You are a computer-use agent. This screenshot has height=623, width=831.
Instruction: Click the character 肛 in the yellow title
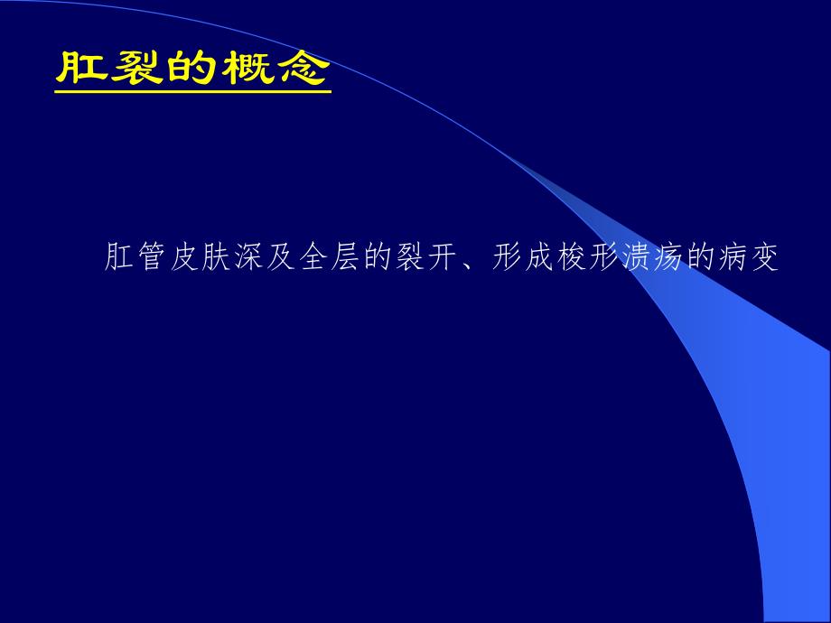click(x=83, y=70)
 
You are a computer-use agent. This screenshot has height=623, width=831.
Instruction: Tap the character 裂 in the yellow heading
click(x=137, y=70)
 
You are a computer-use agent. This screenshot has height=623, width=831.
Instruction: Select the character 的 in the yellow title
click(x=191, y=70)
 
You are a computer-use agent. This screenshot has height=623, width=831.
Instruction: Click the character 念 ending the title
click(x=301, y=70)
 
